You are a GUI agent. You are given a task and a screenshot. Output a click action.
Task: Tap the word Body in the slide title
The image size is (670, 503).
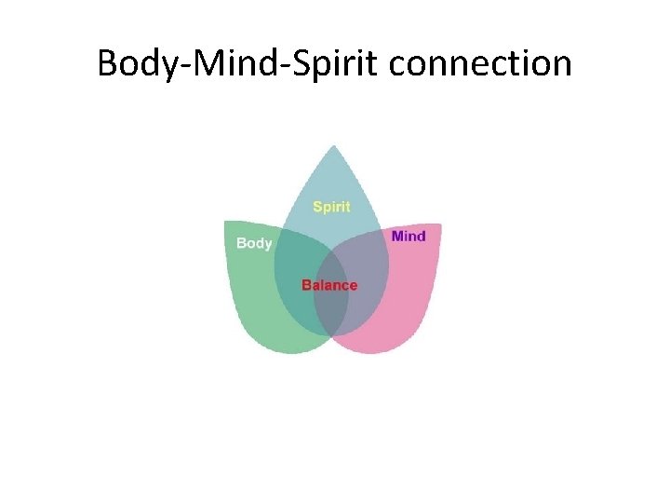133,63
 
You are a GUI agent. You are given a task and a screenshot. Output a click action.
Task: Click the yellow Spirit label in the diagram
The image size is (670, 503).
331,207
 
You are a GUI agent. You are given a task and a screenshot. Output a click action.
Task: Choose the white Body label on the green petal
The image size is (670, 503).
254,243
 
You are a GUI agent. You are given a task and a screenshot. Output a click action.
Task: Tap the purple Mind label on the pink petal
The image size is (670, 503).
409,236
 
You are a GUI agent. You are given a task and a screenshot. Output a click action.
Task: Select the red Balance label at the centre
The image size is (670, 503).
329,285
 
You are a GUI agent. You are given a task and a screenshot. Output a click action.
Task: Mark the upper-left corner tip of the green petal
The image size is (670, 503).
226,223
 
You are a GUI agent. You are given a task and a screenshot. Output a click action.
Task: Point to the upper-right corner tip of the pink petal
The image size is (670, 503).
439,225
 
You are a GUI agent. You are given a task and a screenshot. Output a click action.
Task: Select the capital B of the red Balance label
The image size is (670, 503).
306,285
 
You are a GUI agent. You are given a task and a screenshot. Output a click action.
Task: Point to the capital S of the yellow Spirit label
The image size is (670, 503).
317,207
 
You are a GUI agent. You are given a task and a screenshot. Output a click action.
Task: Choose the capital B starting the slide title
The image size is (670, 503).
107,63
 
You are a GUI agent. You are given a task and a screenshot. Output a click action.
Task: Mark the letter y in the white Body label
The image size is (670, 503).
268,245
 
